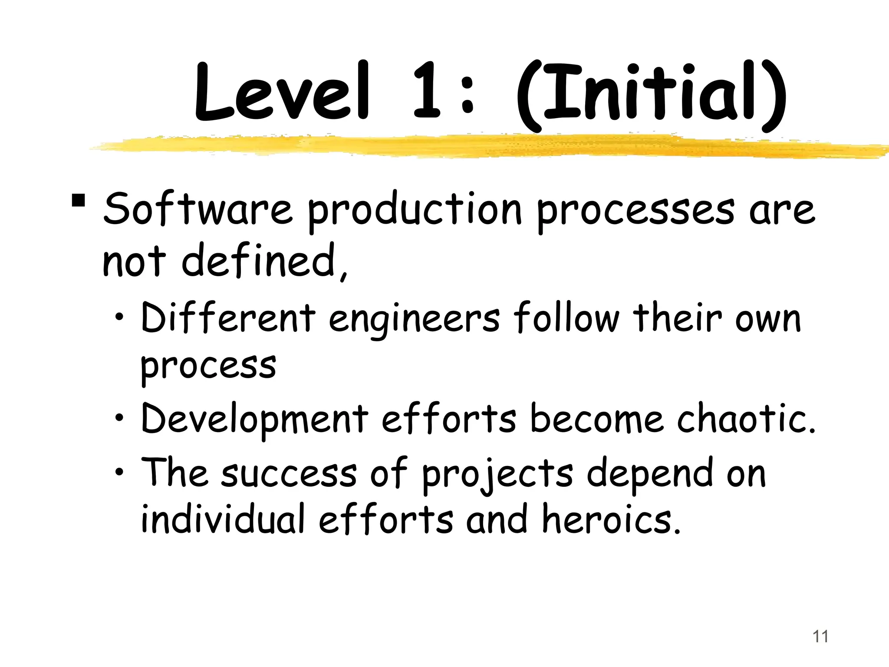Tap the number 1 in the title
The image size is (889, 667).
click(x=428, y=92)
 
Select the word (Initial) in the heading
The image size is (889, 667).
click(x=651, y=96)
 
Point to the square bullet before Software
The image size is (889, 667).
click(x=79, y=201)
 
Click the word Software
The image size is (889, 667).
click(x=198, y=209)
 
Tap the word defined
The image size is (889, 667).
click(x=260, y=261)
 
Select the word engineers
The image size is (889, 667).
click(x=415, y=320)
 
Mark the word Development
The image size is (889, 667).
click(x=254, y=419)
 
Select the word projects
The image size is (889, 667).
click(x=497, y=474)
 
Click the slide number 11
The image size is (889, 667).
click(x=820, y=637)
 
